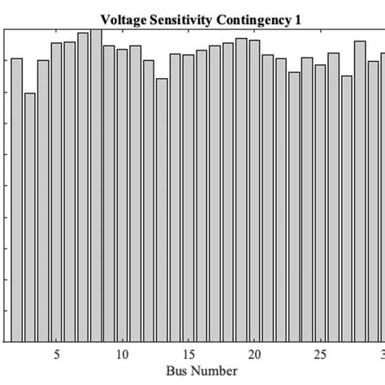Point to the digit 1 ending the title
[x=297, y=19]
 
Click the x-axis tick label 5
[x=56, y=354]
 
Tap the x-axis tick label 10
[x=122, y=354]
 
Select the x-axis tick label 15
[x=188, y=354]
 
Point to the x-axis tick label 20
[x=254, y=354]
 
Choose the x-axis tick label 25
[x=320, y=354]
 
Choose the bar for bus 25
[x=320, y=203]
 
